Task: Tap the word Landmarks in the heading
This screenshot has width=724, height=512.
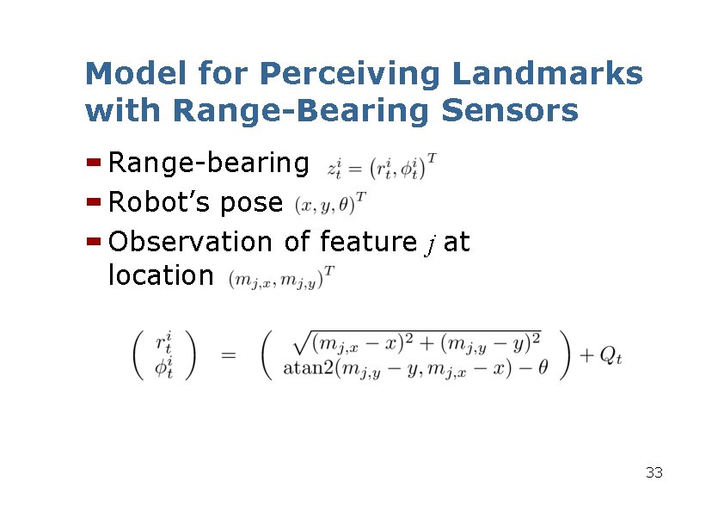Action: click(x=547, y=74)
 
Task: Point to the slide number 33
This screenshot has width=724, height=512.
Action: click(x=653, y=472)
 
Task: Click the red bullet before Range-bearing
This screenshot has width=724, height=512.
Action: click(x=95, y=162)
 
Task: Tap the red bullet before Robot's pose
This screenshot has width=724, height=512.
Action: click(x=95, y=202)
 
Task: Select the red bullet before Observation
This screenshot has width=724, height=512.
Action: click(x=95, y=243)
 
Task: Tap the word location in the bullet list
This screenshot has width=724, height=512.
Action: click(x=160, y=275)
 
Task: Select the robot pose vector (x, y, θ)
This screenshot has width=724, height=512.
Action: click(x=331, y=205)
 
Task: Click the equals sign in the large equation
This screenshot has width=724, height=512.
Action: click(x=230, y=355)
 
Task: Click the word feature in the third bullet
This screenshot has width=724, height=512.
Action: click(x=367, y=243)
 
